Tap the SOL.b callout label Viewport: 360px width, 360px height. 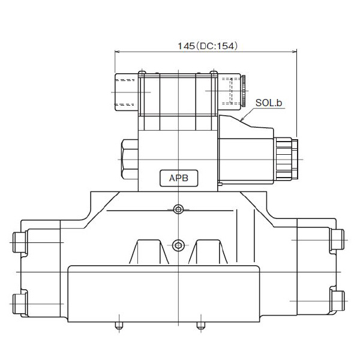(x=268, y=103)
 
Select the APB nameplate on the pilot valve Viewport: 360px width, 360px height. (x=178, y=178)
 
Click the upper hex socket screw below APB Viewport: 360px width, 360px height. (x=178, y=209)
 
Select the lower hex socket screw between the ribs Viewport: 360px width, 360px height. (x=178, y=245)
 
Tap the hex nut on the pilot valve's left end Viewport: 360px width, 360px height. (x=130, y=158)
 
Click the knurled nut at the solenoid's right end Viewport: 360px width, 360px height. (x=295, y=158)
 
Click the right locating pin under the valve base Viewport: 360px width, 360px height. (x=200, y=327)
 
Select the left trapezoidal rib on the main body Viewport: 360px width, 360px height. (x=148, y=252)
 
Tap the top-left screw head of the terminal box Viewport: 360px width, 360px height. (x=142, y=73)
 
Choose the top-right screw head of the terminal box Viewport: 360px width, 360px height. (x=213, y=73)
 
